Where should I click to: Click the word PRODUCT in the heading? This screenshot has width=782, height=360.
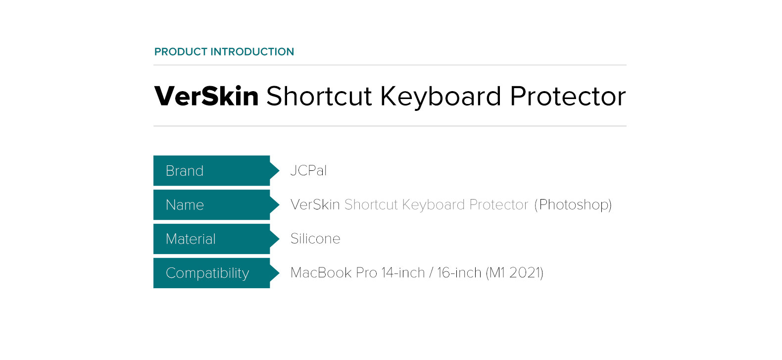click(181, 51)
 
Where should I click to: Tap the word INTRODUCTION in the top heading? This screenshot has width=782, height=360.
click(252, 51)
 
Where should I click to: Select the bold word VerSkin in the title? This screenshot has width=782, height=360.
click(206, 96)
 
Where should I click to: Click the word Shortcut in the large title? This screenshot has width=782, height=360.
click(319, 96)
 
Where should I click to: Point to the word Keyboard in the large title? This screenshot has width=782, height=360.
click(440, 97)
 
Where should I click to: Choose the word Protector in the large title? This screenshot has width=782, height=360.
click(568, 97)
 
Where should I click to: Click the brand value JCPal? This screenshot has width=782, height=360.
click(309, 171)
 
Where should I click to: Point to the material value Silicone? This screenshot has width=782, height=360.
click(315, 239)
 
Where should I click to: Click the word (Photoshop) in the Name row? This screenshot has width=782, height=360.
click(573, 205)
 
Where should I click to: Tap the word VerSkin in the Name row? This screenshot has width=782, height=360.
click(315, 205)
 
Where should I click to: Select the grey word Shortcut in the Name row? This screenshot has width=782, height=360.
click(371, 205)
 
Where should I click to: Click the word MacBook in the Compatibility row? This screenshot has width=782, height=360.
click(321, 273)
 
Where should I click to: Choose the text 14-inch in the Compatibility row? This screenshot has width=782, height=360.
click(403, 273)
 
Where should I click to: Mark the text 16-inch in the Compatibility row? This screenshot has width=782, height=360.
click(459, 273)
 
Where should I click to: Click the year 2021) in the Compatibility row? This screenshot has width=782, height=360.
click(527, 273)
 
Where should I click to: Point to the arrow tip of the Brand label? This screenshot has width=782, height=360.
click(279, 171)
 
